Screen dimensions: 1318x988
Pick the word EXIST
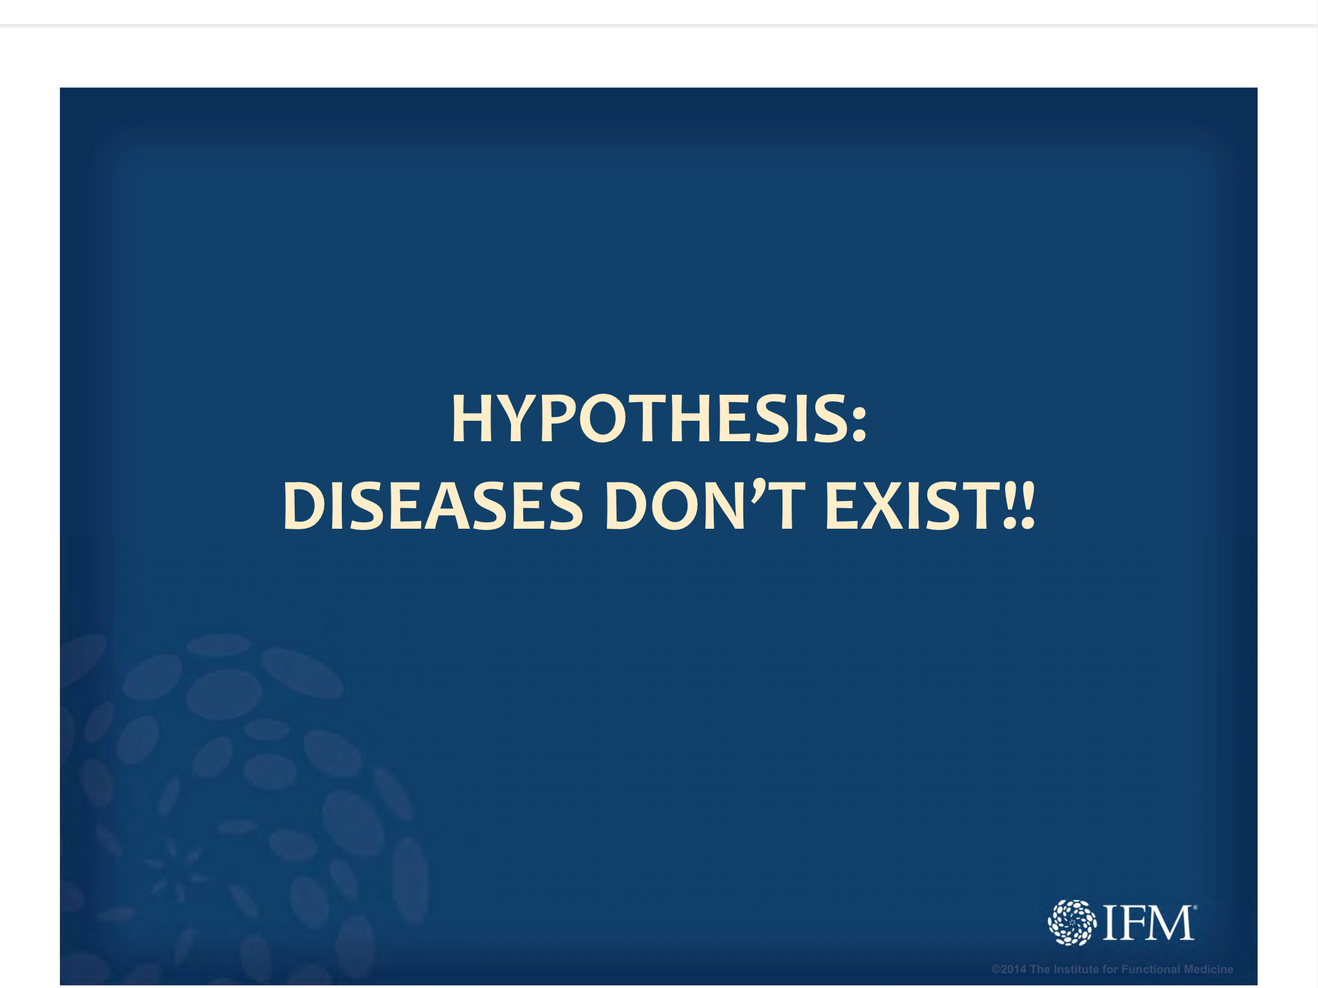[911, 506]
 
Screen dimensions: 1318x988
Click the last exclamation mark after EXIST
[1027, 506]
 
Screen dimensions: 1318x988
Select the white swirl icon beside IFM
[1072, 922]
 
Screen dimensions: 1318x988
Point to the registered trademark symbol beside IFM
[1195, 907]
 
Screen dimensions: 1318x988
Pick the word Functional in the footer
[1151, 969]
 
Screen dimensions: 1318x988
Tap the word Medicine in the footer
[1209, 969]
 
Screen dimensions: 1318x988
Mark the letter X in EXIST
[880, 506]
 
